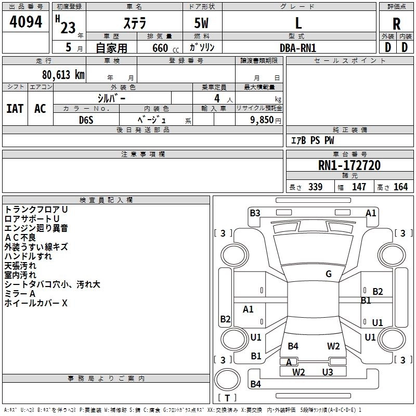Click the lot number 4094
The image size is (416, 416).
[x=25, y=22]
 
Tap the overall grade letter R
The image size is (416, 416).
[x=396, y=24]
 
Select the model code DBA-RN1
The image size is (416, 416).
[x=298, y=48]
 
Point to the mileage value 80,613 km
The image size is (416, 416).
[x=60, y=75]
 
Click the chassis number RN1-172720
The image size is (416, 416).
[x=349, y=165]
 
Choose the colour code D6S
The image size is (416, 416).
[x=86, y=120]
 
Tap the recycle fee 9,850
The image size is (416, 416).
[x=259, y=120]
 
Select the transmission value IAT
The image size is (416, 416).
[x=15, y=109]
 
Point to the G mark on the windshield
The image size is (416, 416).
[x=329, y=274]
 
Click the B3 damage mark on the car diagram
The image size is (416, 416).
[x=255, y=213]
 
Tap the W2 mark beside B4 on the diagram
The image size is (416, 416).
[x=333, y=346]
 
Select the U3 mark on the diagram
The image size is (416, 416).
[x=327, y=372]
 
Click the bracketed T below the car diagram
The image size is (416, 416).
[x=227, y=398]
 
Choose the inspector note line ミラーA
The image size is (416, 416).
[x=20, y=294]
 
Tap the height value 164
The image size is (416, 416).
[x=400, y=187]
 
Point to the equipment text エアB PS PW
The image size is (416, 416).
[x=312, y=140]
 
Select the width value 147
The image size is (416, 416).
[x=359, y=187]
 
